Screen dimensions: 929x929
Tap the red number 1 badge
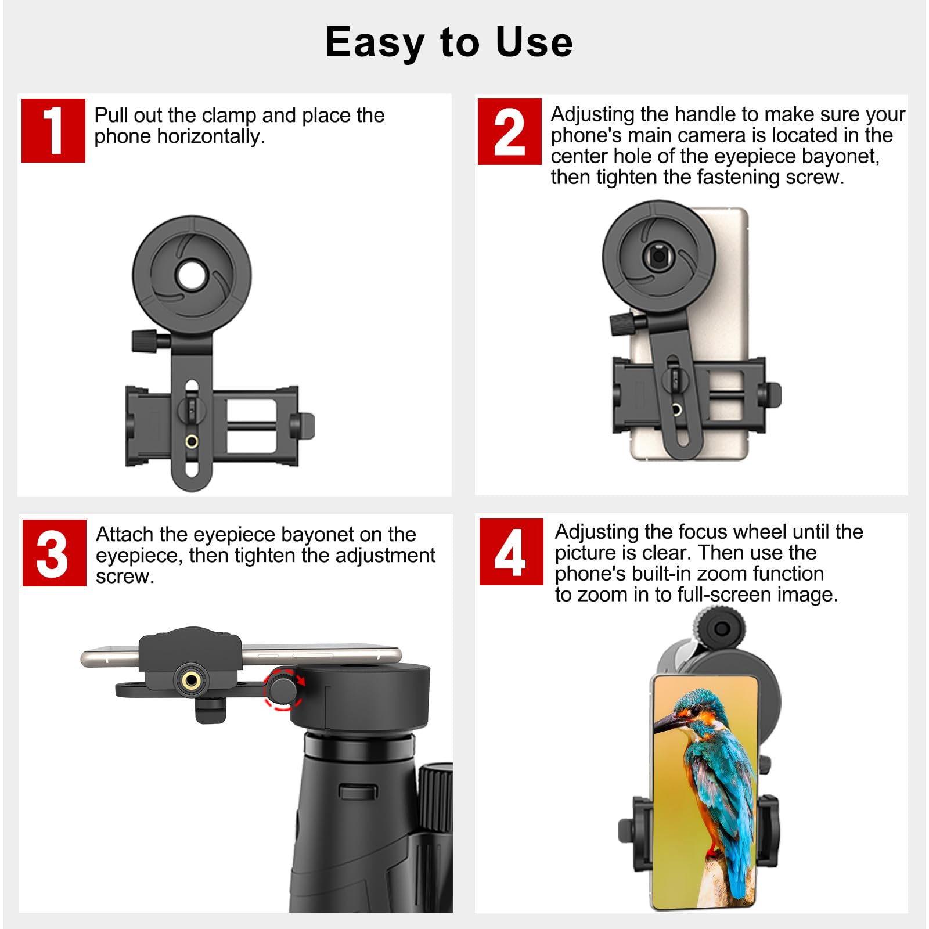(x=53, y=131)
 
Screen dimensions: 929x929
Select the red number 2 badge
(x=509, y=132)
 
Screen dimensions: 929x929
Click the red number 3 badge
(x=54, y=553)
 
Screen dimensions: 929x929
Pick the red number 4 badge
(x=511, y=552)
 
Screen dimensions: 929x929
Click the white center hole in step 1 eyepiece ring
(x=192, y=273)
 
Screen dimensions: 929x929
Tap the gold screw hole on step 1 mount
(x=192, y=442)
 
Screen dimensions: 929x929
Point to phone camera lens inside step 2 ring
(x=658, y=255)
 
